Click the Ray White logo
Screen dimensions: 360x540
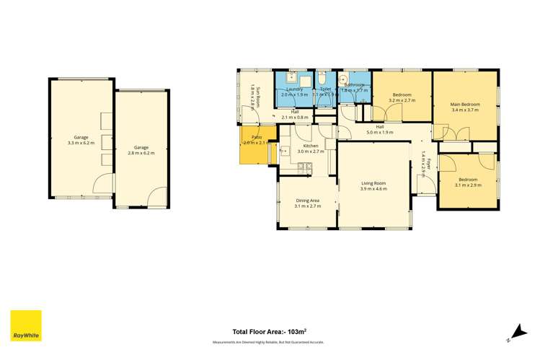pyautogui.click(x=26, y=326)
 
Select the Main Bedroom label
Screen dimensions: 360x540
pyautogui.click(x=465, y=105)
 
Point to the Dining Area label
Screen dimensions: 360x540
pyautogui.click(x=308, y=201)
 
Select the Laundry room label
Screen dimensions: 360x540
pyautogui.click(x=293, y=89)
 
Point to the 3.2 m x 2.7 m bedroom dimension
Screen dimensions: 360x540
pyautogui.click(x=402, y=101)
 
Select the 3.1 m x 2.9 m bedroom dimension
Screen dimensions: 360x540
pyautogui.click(x=467, y=185)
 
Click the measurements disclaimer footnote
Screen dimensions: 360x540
pyautogui.click(x=267, y=342)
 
